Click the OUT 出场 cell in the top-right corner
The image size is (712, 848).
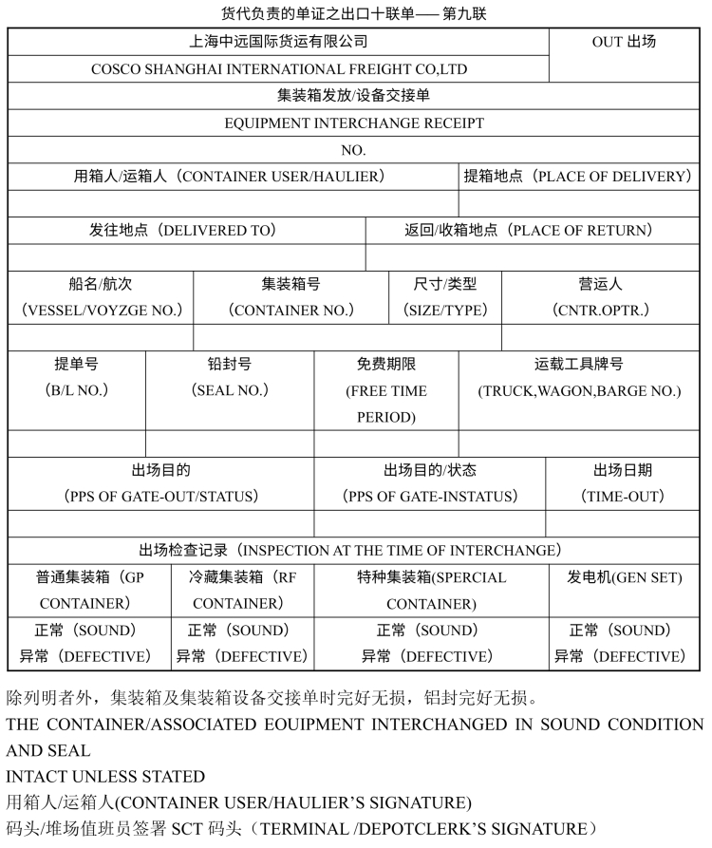pyautogui.click(x=624, y=42)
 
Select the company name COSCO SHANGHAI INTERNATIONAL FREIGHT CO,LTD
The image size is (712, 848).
pyautogui.click(x=279, y=69)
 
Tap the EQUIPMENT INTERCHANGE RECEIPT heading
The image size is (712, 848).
pyautogui.click(x=354, y=123)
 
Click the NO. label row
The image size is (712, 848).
pyautogui.click(x=353, y=150)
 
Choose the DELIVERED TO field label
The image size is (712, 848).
pyautogui.click(x=182, y=231)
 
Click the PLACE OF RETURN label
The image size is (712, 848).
pyautogui.click(x=529, y=231)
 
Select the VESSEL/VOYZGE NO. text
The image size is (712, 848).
pyautogui.click(x=102, y=311)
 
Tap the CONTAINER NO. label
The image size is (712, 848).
pyautogui.click(x=291, y=311)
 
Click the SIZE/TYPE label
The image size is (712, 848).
pyautogui.click(x=445, y=311)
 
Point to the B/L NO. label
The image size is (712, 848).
pyautogui.click(x=77, y=390)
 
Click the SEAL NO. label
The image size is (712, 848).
pyautogui.click(x=230, y=390)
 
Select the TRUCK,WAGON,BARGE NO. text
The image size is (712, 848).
pyautogui.click(x=579, y=390)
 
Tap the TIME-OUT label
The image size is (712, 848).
pyautogui.click(x=623, y=497)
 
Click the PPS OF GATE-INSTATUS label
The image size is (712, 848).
pyautogui.click(x=430, y=497)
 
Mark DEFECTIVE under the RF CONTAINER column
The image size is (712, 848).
pyautogui.click(x=242, y=656)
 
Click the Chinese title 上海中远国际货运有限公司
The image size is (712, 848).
pyautogui.click(x=279, y=42)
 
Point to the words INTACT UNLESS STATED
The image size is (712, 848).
pyautogui.click(x=106, y=777)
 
